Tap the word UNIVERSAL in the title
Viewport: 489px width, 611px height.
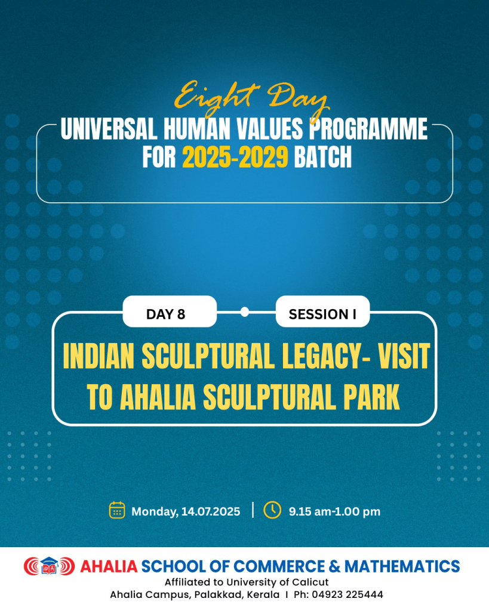pyautogui.click(x=109, y=129)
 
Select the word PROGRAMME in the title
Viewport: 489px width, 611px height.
pyautogui.click(x=368, y=129)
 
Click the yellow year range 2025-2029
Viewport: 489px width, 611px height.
pyautogui.click(x=235, y=157)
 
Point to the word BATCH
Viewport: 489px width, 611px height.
pyautogui.click(x=323, y=157)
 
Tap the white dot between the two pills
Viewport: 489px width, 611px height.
pyautogui.click(x=245, y=311)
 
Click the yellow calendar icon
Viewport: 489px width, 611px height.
pyautogui.click(x=117, y=510)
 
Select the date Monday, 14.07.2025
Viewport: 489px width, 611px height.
pyautogui.click(x=186, y=511)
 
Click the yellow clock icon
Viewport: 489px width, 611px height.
pyautogui.click(x=272, y=510)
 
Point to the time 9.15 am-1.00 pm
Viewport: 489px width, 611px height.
pyautogui.click(x=334, y=511)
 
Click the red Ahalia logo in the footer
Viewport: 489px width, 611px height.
pyautogui.click(x=49, y=566)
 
